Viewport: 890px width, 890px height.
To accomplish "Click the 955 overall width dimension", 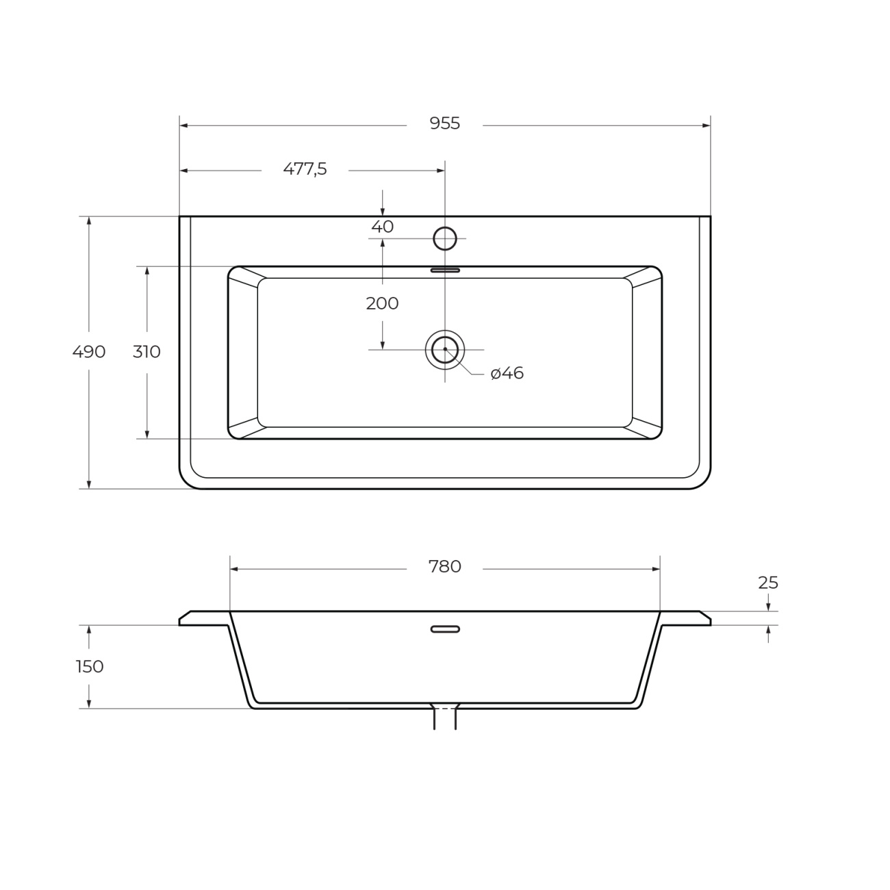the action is pos(444,124).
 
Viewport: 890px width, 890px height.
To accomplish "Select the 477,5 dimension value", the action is pos(305,169).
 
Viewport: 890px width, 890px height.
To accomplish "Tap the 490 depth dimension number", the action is pos(89,352).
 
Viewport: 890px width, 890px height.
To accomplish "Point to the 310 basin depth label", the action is pos(147,352).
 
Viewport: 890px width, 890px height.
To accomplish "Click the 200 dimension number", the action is pos(382,303).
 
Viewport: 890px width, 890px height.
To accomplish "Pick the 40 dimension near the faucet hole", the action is pos(383,227).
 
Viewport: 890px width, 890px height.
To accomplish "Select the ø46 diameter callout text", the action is pos(507,373).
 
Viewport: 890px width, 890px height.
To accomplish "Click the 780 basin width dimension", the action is pos(445,567).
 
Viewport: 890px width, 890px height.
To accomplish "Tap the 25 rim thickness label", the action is pos(768,583).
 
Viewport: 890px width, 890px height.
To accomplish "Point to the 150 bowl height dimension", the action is pos(90,666).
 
